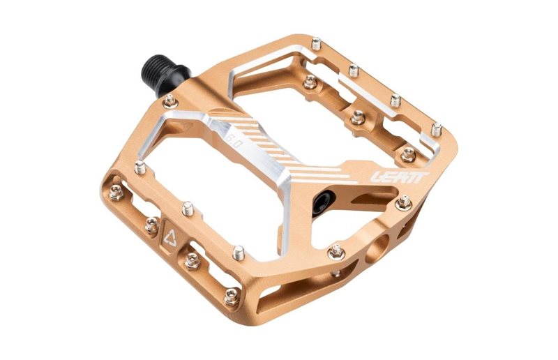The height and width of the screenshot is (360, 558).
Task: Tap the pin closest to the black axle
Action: pyautogui.click(x=169, y=101)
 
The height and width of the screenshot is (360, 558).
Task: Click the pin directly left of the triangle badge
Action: pyautogui.click(x=151, y=224)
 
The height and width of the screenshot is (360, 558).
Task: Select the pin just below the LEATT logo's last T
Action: pyautogui.click(x=404, y=202)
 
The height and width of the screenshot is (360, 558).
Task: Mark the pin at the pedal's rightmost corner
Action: pyautogui.click(x=437, y=130)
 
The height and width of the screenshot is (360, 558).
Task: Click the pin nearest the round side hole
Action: pyautogui.click(x=336, y=250)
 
